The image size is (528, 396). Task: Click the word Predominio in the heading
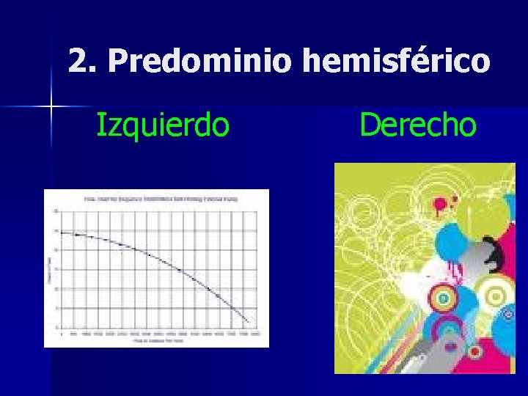point(199,62)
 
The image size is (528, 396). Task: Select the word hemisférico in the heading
point(395,62)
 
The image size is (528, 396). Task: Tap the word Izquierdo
point(163,125)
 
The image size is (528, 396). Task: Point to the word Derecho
point(417,125)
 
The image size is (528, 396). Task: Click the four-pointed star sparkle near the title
point(52,107)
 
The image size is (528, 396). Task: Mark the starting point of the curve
point(62,232)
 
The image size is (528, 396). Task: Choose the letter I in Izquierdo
point(101,125)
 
